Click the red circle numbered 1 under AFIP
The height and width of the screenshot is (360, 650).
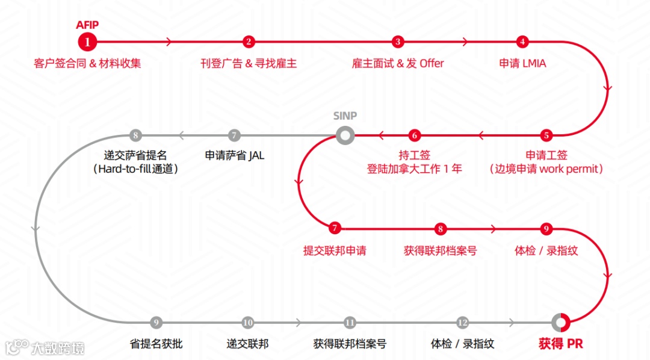click(x=87, y=42)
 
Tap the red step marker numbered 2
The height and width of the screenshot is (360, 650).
click(x=249, y=42)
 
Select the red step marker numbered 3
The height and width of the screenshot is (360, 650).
click(x=397, y=42)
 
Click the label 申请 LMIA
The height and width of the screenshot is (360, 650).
click(x=522, y=63)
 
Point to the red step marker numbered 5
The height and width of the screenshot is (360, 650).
click(x=546, y=135)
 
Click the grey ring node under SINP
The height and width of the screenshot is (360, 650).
click(x=345, y=135)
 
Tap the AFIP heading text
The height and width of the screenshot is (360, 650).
click(x=87, y=25)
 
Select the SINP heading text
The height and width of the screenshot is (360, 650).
click(x=345, y=116)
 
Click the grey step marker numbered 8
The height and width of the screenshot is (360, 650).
click(x=136, y=135)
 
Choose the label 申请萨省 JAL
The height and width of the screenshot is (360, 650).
click(x=234, y=155)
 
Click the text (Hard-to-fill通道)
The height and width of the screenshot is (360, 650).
click(x=136, y=169)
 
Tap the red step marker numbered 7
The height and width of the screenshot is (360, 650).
click(x=335, y=228)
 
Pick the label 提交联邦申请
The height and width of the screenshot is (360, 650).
click(x=335, y=250)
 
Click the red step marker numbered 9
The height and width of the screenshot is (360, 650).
click(x=546, y=228)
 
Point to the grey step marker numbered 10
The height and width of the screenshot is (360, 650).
click(x=248, y=323)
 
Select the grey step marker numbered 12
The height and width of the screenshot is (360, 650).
click(x=462, y=323)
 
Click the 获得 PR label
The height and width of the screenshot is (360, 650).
click(x=560, y=344)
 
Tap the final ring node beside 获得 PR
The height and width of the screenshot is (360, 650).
click(x=560, y=323)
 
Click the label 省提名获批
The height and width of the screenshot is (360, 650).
click(x=156, y=344)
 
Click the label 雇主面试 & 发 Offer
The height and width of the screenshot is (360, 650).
click(x=398, y=63)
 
